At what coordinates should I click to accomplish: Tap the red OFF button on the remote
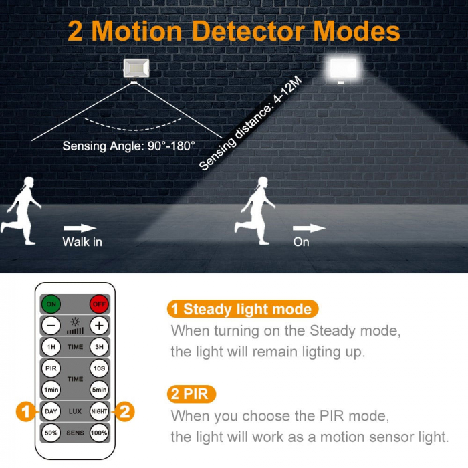[99, 304]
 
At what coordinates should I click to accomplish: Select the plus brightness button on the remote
[99, 326]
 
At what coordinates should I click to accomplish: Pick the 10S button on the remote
[99, 368]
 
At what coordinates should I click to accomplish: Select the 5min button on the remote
[99, 390]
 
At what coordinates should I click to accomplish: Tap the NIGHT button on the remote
[99, 411]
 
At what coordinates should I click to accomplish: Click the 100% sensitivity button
[99, 433]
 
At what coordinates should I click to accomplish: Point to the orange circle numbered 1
[25, 411]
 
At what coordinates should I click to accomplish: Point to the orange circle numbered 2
[125, 411]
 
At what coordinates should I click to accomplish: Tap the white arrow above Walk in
[80, 229]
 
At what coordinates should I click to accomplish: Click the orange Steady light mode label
[241, 309]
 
